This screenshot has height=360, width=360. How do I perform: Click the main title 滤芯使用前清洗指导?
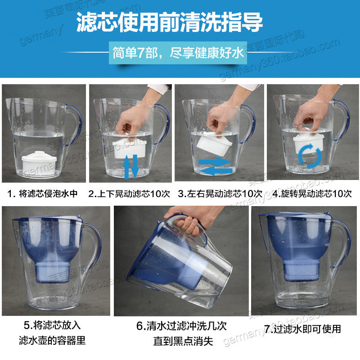(x=170, y=22)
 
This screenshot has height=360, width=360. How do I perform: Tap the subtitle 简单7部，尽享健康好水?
(x=178, y=53)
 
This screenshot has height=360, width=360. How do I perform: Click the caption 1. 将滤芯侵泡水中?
(x=42, y=194)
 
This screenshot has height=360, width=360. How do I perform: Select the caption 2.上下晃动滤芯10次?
(x=129, y=194)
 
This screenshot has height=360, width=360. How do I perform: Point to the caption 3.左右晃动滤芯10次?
(x=220, y=194)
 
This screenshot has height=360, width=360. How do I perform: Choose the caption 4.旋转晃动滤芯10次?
(x=312, y=194)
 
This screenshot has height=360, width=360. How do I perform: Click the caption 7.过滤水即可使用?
(x=302, y=329)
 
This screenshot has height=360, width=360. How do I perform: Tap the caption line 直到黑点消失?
(x=183, y=341)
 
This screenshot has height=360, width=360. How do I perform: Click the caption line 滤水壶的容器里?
(x=52, y=340)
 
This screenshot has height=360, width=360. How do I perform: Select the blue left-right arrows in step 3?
(x=216, y=166)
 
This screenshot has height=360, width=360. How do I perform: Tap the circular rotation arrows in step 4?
(x=310, y=155)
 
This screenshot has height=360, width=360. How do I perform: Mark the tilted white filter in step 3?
(x=214, y=143)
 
